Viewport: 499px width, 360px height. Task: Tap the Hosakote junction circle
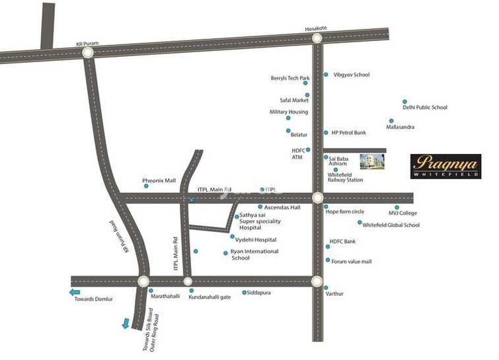(x=317, y=38)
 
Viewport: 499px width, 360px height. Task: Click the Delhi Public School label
(x=425, y=107)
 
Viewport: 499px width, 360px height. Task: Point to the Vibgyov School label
(x=352, y=75)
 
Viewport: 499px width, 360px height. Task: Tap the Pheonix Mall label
(x=159, y=180)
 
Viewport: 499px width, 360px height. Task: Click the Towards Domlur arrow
(x=75, y=291)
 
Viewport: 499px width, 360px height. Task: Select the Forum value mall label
(x=352, y=262)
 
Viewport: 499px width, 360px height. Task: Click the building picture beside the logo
(x=371, y=162)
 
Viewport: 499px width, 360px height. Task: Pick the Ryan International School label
(x=254, y=254)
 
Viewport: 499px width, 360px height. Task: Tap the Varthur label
(x=334, y=293)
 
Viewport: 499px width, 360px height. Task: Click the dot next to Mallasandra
(x=391, y=121)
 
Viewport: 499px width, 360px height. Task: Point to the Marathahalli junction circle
(x=143, y=281)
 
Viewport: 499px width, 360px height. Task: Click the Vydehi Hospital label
(x=257, y=239)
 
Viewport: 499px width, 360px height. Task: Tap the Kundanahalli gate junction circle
(x=188, y=281)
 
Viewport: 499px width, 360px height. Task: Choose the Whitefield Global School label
(x=391, y=225)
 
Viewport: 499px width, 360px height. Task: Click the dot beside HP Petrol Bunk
(x=325, y=133)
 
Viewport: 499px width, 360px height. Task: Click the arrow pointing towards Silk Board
(x=125, y=323)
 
